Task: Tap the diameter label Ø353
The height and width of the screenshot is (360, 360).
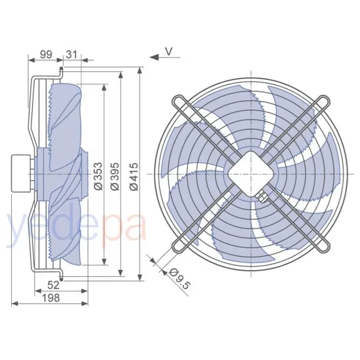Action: click(98, 176)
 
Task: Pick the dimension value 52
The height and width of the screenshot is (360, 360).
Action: click(55, 285)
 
